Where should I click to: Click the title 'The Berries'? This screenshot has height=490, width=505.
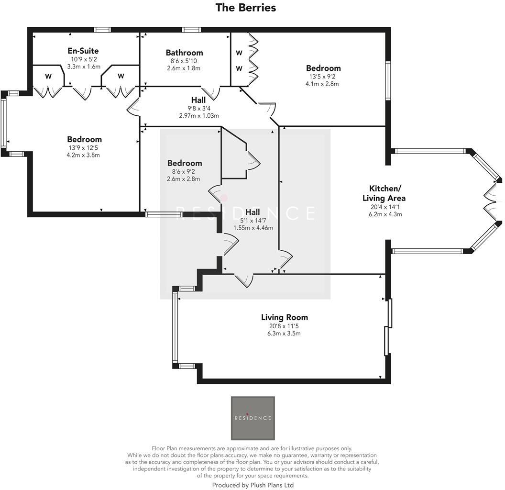(245, 8)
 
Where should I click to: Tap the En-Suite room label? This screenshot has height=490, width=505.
(83, 51)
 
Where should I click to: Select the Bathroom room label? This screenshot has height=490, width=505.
(184, 53)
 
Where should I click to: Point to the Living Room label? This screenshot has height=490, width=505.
(284, 317)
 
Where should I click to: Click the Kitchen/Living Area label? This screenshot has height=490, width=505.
(387, 193)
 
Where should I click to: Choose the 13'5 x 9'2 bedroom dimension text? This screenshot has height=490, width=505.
(323, 76)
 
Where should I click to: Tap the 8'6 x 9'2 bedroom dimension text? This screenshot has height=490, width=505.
(184, 171)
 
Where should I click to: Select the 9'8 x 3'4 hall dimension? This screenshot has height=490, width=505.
(198, 108)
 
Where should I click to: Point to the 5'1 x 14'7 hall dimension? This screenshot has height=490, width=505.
(253, 220)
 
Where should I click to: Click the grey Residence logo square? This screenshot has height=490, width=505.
(252, 418)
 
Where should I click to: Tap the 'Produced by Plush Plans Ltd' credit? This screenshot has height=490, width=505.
(252, 485)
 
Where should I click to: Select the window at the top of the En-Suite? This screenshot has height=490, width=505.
(102, 30)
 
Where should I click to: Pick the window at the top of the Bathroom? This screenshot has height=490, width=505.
(191, 30)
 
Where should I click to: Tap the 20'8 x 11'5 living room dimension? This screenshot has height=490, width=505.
(284, 326)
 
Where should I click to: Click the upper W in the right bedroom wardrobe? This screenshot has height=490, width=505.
(239, 52)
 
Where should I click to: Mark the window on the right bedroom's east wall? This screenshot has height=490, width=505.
(388, 80)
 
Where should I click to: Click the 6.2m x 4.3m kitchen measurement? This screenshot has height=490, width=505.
(387, 214)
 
